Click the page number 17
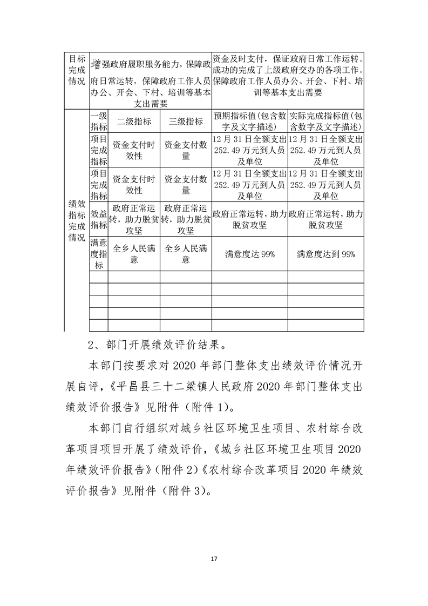pos(214,557)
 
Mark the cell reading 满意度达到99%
pos(326,254)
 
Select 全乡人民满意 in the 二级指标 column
pos(134,254)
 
